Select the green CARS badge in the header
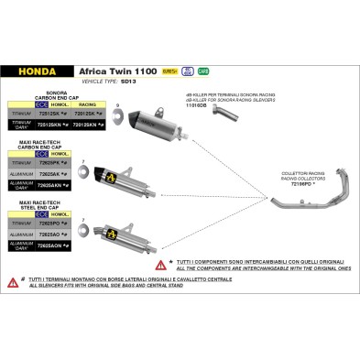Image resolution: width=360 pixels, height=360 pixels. point(203,70)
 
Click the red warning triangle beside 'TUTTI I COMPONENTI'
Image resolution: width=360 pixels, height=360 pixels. point(159,264)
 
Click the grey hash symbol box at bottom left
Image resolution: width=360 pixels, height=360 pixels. point(14,283)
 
